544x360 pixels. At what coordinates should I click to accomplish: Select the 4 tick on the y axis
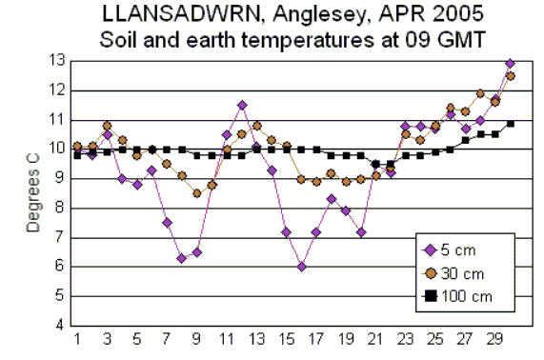(59, 326)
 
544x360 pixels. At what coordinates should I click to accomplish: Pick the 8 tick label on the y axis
(59, 208)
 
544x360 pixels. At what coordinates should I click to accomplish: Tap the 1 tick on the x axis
(77, 339)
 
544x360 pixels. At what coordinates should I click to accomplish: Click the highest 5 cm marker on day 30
(510, 63)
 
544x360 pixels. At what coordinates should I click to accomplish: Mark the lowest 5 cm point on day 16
(301, 267)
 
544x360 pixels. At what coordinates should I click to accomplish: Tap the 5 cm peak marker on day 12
(242, 105)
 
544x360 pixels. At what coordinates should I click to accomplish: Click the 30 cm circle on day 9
(196, 193)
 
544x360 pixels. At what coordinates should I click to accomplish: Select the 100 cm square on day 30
(510, 123)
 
